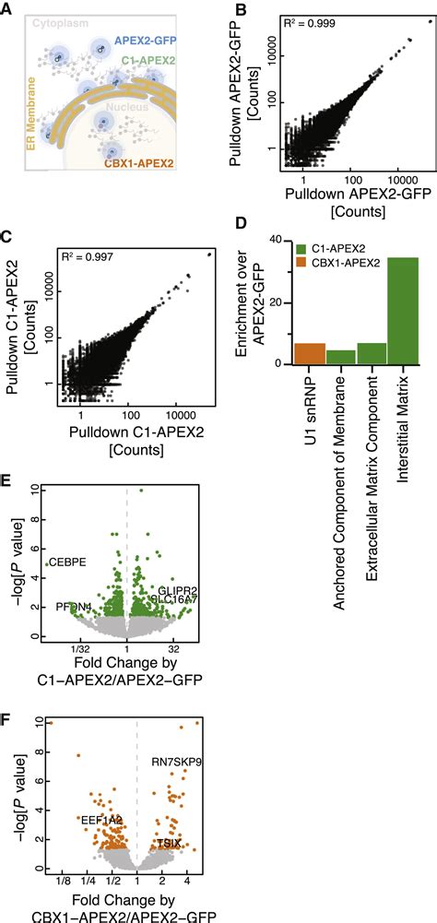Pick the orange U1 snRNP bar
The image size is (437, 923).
[x=309, y=353]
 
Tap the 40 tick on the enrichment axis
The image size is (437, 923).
[x=281, y=238]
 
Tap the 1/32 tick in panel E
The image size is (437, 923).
[x=81, y=648]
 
